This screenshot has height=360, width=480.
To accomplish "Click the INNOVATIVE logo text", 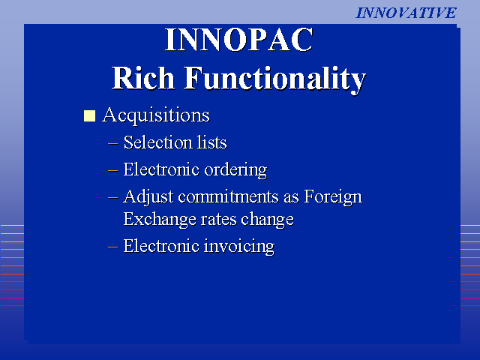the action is click(x=406, y=13).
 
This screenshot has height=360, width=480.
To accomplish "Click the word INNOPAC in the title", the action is click(x=239, y=40).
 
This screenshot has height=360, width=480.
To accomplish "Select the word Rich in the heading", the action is click(x=143, y=78).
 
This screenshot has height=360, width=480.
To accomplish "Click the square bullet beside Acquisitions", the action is click(x=89, y=116).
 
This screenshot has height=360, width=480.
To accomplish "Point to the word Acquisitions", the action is click(x=156, y=115).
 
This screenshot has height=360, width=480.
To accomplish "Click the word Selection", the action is click(x=157, y=142).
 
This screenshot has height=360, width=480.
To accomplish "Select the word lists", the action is click(x=211, y=142).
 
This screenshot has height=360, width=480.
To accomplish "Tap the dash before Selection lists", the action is click(x=113, y=143).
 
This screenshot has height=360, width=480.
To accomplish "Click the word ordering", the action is click(x=235, y=170).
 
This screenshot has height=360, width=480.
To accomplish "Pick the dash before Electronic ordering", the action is click(x=113, y=170).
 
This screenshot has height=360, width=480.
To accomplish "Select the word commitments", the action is click(x=228, y=196).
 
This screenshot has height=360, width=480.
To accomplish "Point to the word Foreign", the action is click(x=333, y=196).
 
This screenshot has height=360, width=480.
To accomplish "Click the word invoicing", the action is click(x=239, y=247).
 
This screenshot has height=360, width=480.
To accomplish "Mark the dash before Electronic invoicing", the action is click(x=113, y=247).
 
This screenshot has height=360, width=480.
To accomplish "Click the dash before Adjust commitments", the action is click(x=113, y=197).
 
